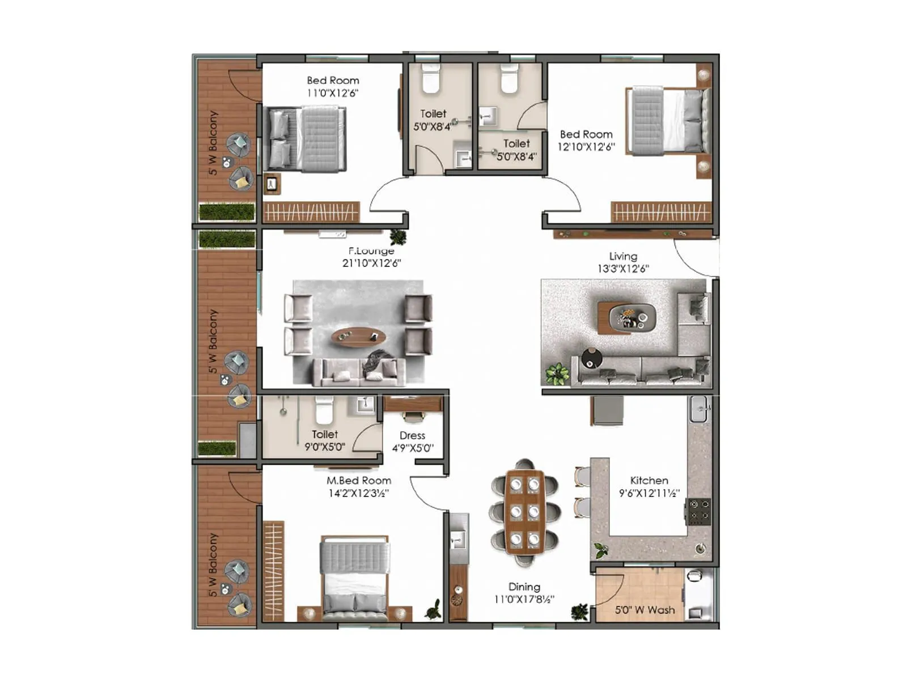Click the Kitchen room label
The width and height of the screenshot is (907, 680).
649,481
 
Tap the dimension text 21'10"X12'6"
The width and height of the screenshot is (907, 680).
371,263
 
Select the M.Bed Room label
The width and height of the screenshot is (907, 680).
358,481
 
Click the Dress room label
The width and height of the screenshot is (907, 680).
412,435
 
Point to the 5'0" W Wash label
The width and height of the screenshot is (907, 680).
645,610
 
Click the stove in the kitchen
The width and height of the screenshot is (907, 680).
698,511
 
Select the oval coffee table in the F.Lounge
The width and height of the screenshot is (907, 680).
358,337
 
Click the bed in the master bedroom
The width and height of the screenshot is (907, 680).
354,578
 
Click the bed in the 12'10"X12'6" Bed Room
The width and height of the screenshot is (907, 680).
668,121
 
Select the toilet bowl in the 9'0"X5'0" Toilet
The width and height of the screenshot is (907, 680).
324,411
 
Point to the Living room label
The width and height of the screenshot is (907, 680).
622,256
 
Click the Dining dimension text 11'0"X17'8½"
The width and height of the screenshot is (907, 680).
524,599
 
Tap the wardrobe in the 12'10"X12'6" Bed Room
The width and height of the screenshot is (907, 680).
660,212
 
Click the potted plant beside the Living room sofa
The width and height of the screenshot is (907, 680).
557,374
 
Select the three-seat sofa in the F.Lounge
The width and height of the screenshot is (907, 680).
359,372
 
